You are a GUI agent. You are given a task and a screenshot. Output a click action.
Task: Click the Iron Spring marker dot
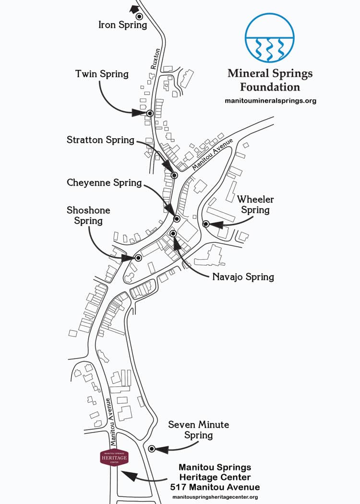[139, 16]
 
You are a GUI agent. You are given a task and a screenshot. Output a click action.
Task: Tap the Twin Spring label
[102, 74]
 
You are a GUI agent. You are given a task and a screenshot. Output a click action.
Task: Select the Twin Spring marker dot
[150, 113]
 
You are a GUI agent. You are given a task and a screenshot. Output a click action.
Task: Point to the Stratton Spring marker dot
[174, 176]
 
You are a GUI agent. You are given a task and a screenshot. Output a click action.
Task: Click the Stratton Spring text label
[100, 140]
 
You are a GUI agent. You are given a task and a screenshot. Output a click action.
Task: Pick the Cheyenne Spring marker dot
[176, 219]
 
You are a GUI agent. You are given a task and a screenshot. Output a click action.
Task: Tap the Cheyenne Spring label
[104, 183]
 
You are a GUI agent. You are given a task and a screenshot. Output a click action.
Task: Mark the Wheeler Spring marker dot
[205, 224]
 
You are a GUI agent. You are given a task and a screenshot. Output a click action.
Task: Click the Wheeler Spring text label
[255, 204]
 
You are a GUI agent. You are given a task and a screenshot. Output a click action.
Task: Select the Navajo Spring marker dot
[173, 233]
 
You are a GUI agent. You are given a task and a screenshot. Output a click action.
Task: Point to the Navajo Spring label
[243, 277]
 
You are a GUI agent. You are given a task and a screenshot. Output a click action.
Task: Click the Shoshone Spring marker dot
[138, 258]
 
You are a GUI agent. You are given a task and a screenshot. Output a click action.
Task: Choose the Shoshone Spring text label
[88, 216]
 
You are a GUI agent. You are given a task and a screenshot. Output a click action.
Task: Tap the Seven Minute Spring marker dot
[152, 449]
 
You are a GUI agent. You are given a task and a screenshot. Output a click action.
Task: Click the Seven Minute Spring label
[198, 430]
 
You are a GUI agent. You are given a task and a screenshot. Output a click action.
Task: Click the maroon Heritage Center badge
[114, 458]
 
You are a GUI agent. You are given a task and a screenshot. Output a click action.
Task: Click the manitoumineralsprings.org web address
[270, 101]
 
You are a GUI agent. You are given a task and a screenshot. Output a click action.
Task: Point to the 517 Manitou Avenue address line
[215, 487]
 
